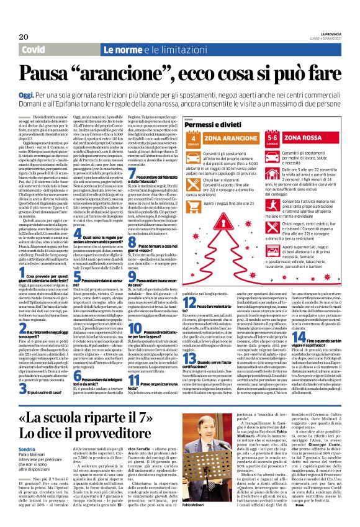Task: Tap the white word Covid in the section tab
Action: click(32, 49)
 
